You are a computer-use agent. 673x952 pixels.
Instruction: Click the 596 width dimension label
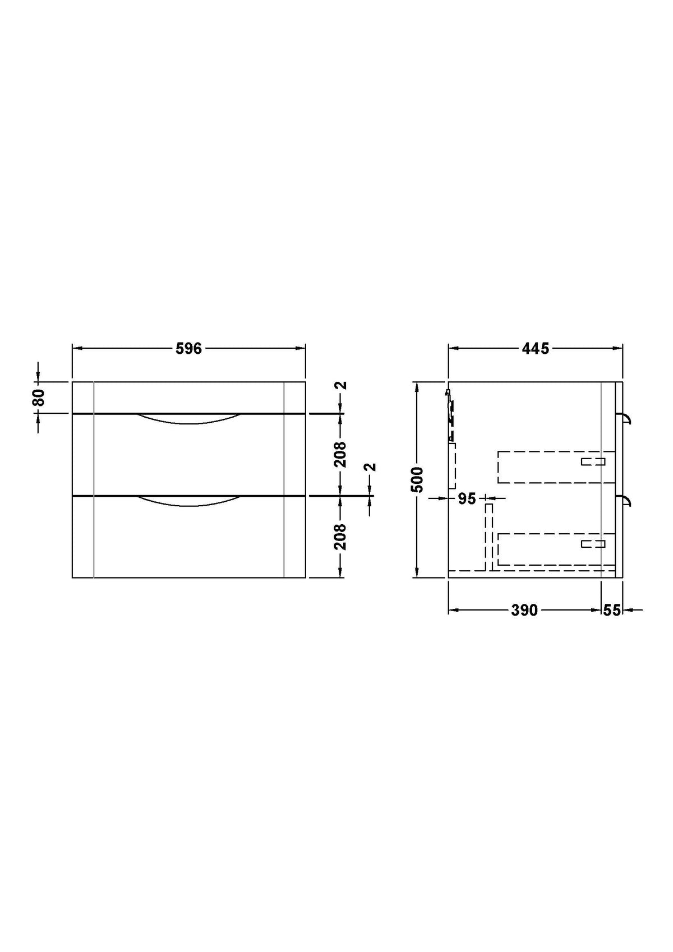tap(188, 348)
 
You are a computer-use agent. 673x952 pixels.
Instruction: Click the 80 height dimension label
tap(38, 397)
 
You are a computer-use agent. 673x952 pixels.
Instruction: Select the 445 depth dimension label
tap(535, 348)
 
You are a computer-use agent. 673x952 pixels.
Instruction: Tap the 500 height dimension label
tap(417, 479)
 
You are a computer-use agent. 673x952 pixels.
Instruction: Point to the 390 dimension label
tap(524, 610)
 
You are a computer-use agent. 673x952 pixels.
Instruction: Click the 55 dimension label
tap(612, 610)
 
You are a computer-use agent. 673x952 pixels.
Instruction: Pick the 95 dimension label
tap(466, 498)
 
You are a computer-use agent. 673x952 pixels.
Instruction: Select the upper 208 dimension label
tap(340, 455)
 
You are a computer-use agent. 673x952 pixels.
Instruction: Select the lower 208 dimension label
tap(340, 537)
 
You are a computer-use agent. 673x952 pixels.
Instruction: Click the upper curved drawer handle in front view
tap(189, 419)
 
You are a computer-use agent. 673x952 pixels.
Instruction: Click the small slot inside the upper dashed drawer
tap(593, 461)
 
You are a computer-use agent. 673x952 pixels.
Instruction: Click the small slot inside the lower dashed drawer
tap(593, 543)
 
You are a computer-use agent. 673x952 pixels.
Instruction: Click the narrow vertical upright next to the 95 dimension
tap(488, 535)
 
